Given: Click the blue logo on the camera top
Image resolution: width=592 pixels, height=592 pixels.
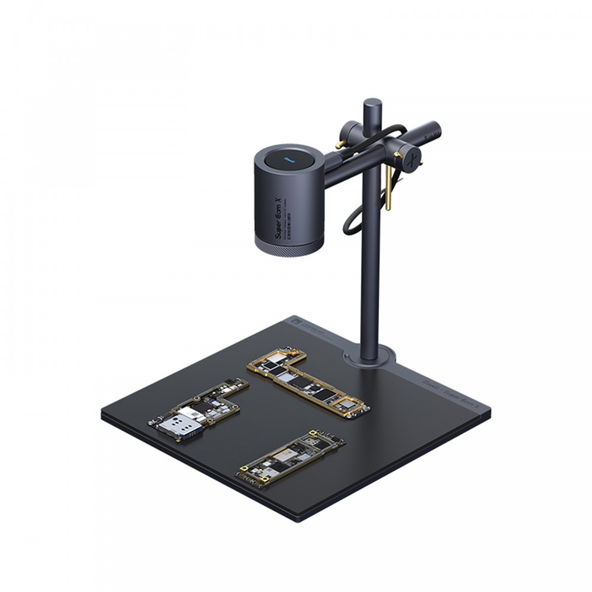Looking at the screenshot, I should [x=289, y=159].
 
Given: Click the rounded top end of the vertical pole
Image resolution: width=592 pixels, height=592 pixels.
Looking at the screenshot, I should [x=371, y=104].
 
